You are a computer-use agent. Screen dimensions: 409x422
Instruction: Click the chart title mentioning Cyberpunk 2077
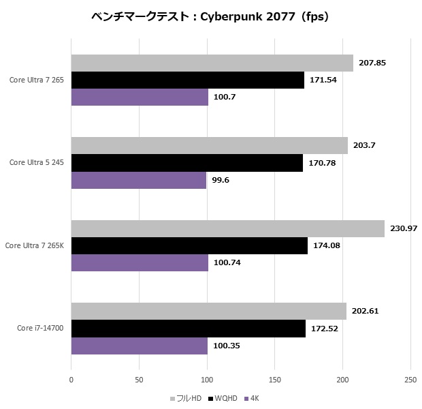[210, 17]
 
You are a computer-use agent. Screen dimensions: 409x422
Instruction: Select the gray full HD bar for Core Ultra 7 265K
[227, 228]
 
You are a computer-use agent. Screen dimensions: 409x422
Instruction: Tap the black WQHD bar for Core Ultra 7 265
[187, 80]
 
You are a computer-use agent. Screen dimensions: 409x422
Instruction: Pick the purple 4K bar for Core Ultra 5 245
[139, 180]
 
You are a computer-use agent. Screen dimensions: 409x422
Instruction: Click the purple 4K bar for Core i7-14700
[140, 346]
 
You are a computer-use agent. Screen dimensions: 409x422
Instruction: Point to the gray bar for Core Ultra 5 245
[209, 145]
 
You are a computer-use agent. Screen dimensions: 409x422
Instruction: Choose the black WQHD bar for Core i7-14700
[188, 329]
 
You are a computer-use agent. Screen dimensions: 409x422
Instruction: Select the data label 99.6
[221, 180]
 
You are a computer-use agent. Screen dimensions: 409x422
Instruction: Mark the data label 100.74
[227, 262]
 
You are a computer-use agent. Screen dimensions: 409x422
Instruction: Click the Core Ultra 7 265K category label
[34, 245]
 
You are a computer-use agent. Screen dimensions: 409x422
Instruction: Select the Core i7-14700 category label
[40, 329]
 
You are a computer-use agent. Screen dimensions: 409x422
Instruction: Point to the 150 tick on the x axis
[275, 379]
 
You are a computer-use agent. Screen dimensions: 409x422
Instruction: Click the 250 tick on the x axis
[410, 379]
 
